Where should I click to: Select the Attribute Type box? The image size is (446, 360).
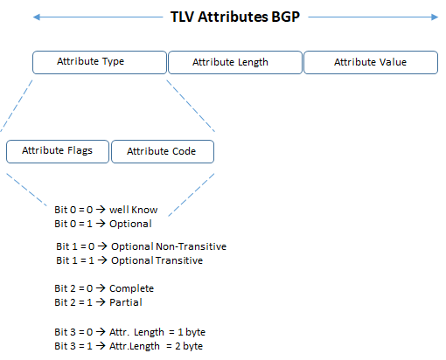[99, 62]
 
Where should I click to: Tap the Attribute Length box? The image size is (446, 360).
[233, 62]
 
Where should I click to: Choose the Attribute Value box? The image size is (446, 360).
[370, 62]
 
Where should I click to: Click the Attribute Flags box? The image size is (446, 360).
[56, 151]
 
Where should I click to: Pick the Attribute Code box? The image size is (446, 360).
[162, 151]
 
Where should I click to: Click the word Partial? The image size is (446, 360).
[125, 301]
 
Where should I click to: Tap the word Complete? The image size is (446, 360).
[130, 288]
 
